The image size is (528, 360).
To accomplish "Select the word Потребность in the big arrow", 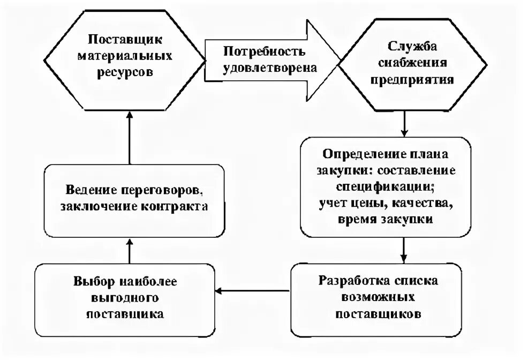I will (x=257, y=52).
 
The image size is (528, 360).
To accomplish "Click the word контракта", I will (x=176, y=207).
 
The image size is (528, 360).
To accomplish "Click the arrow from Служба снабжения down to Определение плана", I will (x=405, y=124).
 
